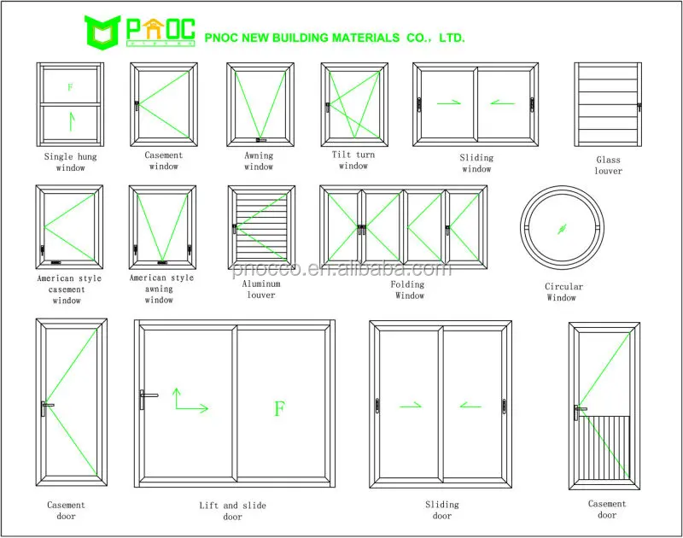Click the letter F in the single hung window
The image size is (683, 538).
(x=70, y=86)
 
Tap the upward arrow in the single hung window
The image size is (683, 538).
(x=71, y=120)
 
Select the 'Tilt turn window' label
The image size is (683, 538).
(x=353, y=161)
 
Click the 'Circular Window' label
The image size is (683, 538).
(x=563, y=292)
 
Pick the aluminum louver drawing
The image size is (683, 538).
(x=261, y=228)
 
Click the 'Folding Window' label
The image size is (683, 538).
(x=409, y=290)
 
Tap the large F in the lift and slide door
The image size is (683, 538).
(x=278, y=408)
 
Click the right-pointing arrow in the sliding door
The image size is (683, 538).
(x=411, y=406)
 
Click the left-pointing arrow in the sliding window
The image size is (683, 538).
(x=502, y=103)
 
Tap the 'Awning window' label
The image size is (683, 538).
(x=259, y=161)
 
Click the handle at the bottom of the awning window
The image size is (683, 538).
(x=261, y=141)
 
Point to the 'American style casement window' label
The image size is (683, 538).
(x=69, y=289)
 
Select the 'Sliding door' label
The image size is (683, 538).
(x=441, y=510)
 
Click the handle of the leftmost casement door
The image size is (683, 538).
(x=46, y=407)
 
